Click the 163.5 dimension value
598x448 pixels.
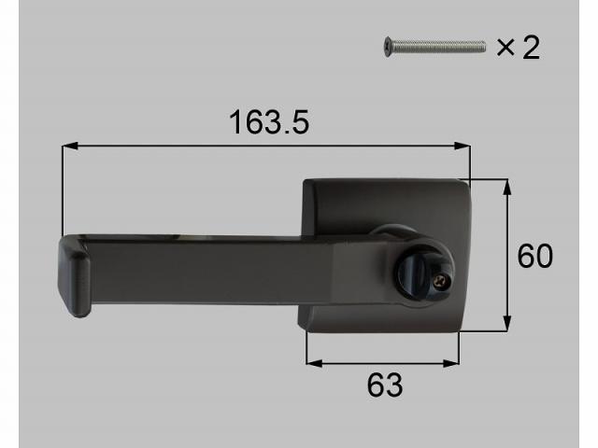click(269, 122)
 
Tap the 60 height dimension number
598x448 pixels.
click(534, 256)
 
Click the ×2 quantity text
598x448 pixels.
click(518, 47)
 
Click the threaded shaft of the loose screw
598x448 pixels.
click(439, 44)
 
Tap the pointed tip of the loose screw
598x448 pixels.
click(486, 43)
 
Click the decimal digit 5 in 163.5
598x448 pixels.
click(299, 122)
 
